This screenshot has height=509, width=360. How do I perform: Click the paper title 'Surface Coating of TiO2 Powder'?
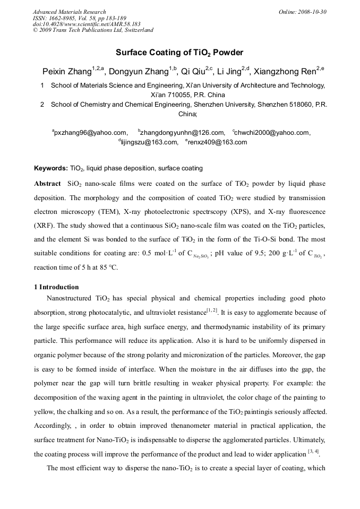(x=179, y=53)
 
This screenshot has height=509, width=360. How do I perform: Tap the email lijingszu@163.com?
(x=149, y=142)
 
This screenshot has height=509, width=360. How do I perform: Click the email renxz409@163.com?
(x=217, y=142)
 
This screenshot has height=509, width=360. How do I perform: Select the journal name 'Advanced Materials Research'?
(x=69, y=12)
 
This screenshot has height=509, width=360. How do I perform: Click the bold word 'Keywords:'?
(x=51, y=168)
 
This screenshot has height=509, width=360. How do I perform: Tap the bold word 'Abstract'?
(x=47, y=184)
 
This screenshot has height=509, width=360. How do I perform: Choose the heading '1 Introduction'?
(x=56, y=287)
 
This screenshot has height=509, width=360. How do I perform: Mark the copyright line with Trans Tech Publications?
(x=93, y=30)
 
